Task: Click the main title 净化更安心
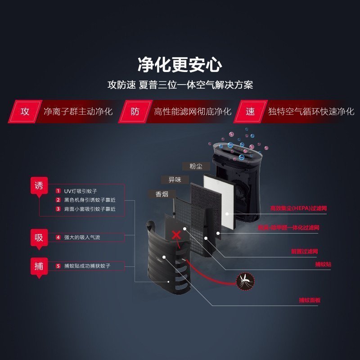click(x=180, y=65)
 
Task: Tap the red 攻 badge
click(x=25, y=112)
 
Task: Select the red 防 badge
click(x=135, y=112)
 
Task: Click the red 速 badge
click(x=250, y=112)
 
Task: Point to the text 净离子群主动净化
click(x=78, y=112)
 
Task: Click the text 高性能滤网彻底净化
click(x=192, y=112)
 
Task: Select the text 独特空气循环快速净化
click(x=310, y=112)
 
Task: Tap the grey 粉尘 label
click(x=196, y=166)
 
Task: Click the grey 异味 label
click(x=175, y=180)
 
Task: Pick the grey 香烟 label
click(x=162, y=194)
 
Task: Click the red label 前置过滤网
click(x=305, y=251)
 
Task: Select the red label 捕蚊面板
click(x=309, y=300)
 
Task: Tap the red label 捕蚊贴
click(x=323, y=265)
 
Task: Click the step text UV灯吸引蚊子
click(x=81, y=191)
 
